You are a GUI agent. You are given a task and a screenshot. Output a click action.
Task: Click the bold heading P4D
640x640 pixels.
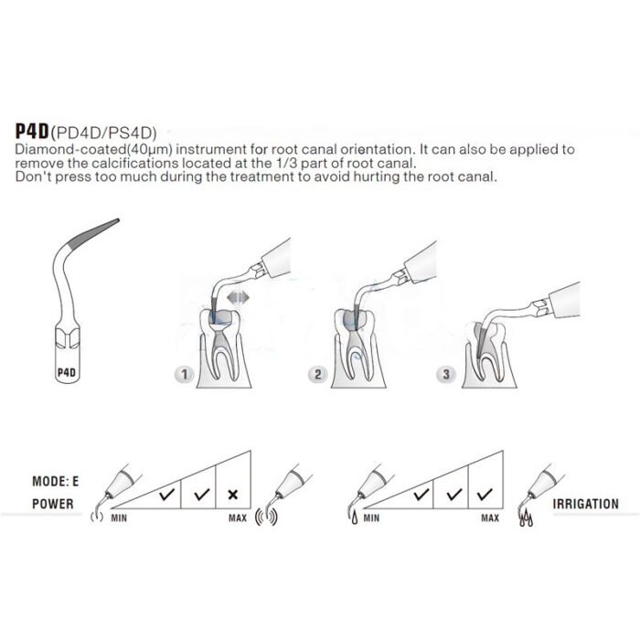click(x=32, y=131)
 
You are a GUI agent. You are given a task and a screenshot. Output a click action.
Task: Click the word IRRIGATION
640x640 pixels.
click(x=586, y=504)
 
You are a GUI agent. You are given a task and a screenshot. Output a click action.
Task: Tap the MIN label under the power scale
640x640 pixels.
click(x=119, y=517)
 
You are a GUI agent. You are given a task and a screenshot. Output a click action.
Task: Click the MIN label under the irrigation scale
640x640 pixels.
click(x=371, y=517)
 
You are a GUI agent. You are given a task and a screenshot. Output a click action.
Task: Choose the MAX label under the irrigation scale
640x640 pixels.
click(x=490, y=517)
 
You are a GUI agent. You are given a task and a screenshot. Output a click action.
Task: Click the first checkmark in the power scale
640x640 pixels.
click(x=167, y=495)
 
